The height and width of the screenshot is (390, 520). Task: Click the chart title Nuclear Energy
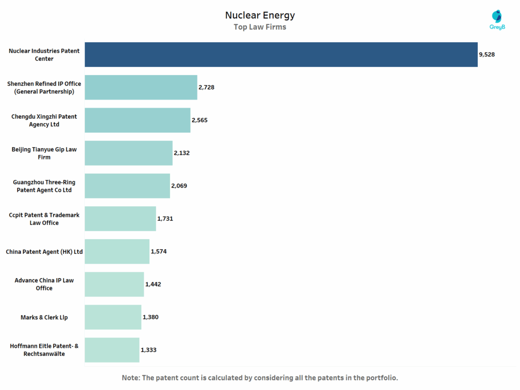tap(259, 15)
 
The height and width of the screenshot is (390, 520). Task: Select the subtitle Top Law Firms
tap(259, 27)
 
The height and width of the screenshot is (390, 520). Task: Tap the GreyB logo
tap(497, 20)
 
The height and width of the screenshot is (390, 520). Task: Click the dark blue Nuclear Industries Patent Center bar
tap(281, 54)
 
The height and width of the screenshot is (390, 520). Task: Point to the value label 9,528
tap(486, 54)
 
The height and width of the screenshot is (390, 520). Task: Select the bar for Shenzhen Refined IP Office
tap(141, 87)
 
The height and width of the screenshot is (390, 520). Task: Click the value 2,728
tap(206, 87)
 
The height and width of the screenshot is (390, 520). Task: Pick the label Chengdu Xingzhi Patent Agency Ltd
tap(44, 120)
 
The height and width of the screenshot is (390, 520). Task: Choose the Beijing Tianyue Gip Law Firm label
tap(44, 153)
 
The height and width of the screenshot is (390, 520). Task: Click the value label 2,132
tap(182, 153)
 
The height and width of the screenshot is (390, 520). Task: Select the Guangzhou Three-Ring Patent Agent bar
tap(127, 186)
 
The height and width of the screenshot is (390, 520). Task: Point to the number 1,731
tap(165, 218)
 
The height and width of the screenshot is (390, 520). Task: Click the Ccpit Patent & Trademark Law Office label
tap(44, 219)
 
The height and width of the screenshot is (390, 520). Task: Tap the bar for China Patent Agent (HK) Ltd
tap(117, 251)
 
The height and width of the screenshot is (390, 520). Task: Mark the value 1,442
tap(153, 284)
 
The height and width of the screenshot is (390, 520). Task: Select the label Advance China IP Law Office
tap(44, 284)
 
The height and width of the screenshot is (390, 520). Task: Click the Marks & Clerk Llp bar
tap(113, 317)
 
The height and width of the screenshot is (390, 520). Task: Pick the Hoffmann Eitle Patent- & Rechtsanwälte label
tap(44, 349)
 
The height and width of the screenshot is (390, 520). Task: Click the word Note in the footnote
tap(131, 378)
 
